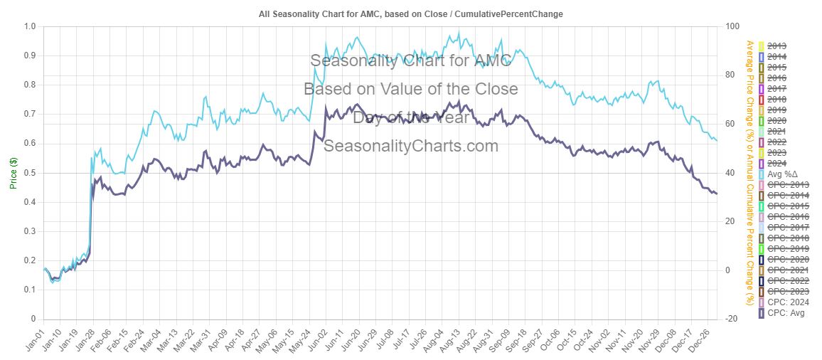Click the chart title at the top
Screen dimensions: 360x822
(x=410, y=14)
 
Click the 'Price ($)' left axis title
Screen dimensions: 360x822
(x=14, y=173)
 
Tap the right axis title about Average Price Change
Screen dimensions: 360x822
(x=748, y=173)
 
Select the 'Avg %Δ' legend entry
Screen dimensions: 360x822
(x=783, y=174)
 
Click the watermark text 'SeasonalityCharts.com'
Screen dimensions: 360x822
(x=410, y=146)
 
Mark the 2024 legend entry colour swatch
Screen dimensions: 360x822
(x=762, y=164)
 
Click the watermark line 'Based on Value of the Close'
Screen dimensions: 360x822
(x=410, y=89)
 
